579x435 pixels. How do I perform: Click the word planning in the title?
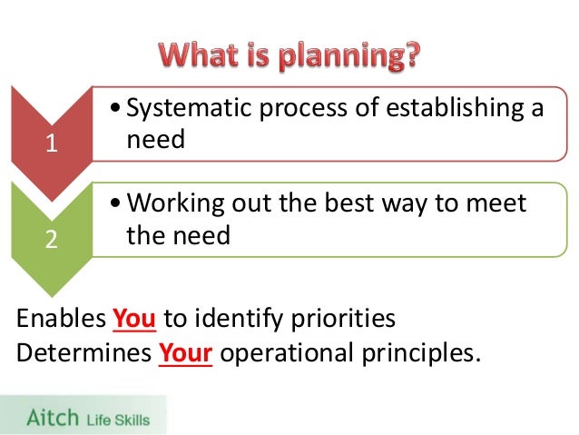[346, 56]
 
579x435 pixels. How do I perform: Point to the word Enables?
[60, 320]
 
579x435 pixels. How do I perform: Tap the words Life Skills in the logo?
[118, 419]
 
